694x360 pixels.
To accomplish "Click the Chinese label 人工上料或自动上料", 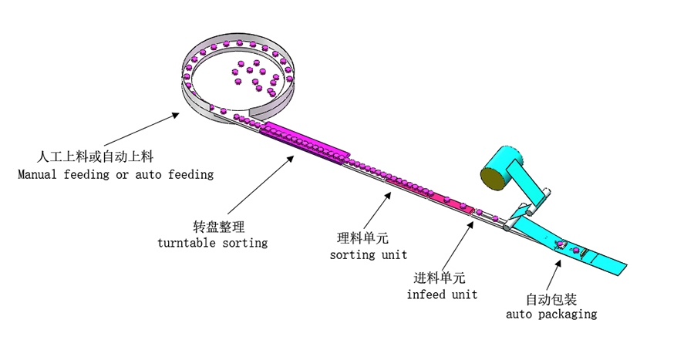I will pos(98,157).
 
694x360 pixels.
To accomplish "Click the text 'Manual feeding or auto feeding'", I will pos(116,174).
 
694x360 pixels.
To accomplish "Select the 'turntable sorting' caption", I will pos(212,243).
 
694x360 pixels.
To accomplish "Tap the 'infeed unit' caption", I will pos(442,294).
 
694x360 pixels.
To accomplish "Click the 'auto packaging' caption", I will pos(551,315).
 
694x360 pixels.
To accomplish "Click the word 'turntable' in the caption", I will pos(185,243).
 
